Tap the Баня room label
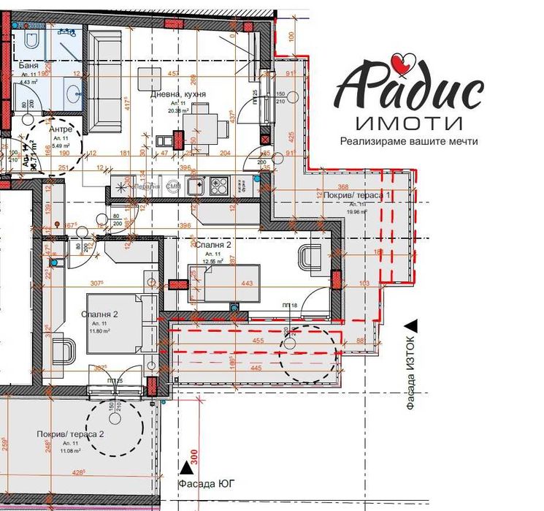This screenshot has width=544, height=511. pos(28,65)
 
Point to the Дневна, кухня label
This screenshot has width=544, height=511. pos(177,95)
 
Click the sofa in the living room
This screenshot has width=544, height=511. pos(106,80)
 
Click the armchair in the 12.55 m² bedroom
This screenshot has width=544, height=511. pos(313,258)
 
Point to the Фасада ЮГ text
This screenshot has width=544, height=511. pos(207,483)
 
